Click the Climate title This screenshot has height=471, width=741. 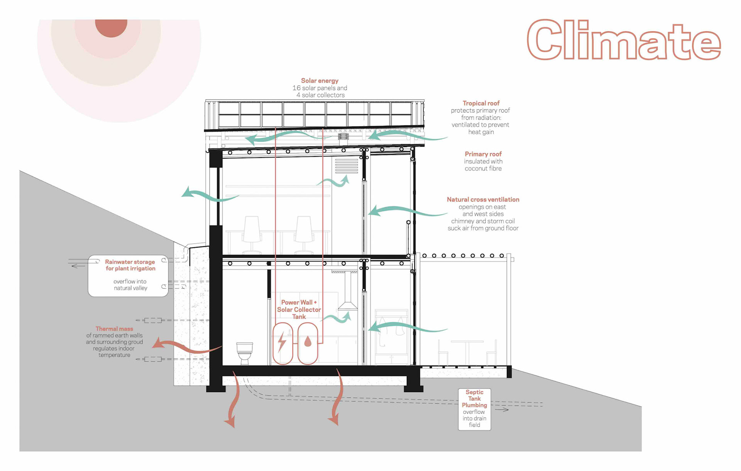coord(623,41)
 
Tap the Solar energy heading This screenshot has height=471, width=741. coord(320,81)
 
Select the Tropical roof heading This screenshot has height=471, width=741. coord(481,103)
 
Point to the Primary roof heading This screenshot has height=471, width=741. coord(483,154)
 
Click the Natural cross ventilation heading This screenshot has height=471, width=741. coord(483,200)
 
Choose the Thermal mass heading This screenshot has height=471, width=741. coord(114,329)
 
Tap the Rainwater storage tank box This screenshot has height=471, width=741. coord(128,276)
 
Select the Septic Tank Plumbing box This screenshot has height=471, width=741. coord(474,409)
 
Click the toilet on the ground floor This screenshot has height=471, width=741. coord(244,352)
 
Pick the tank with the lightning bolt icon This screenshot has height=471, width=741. coord(283,343)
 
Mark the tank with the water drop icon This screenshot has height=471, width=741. coord(308,343)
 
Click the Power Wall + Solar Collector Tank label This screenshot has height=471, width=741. coord(299,310)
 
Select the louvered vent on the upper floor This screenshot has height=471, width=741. coord(346,166)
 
